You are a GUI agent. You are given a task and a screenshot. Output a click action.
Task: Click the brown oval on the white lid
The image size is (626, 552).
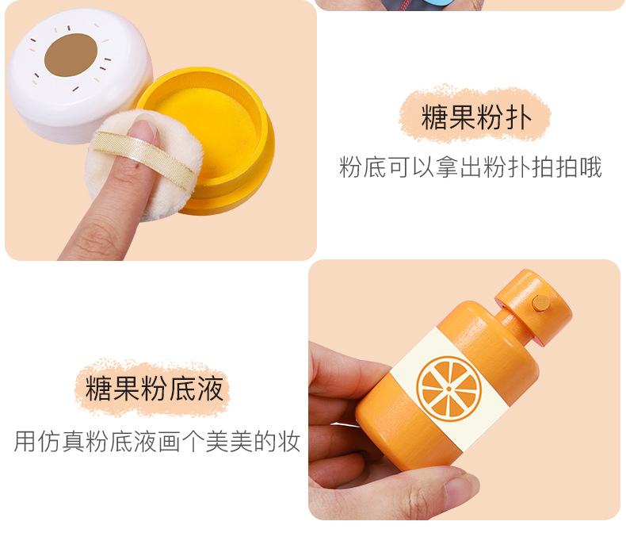click(71, 55)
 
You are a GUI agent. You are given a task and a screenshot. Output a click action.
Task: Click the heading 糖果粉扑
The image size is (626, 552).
click(476, 117)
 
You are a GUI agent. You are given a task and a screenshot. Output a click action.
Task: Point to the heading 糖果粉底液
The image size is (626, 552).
click(154, 388)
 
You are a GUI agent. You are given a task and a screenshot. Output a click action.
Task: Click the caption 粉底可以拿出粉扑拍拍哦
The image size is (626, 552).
click(471, 167)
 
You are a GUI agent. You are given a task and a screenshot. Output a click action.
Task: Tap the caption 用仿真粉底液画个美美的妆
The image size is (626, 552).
click(157, 441)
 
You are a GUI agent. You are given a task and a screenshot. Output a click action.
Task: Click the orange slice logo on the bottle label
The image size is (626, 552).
click(449, 389)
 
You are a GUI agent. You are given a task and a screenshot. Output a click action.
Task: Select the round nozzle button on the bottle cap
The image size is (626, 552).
click(541, 303)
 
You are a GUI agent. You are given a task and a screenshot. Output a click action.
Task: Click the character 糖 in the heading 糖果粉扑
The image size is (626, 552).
click(435, 117)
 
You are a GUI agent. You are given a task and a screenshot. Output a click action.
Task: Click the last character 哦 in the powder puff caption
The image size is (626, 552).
click(590, 167)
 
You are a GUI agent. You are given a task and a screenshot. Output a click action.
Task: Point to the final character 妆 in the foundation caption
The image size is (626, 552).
click(289, 441)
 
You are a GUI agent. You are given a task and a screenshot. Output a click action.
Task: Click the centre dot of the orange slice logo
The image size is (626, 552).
click(449, 389)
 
